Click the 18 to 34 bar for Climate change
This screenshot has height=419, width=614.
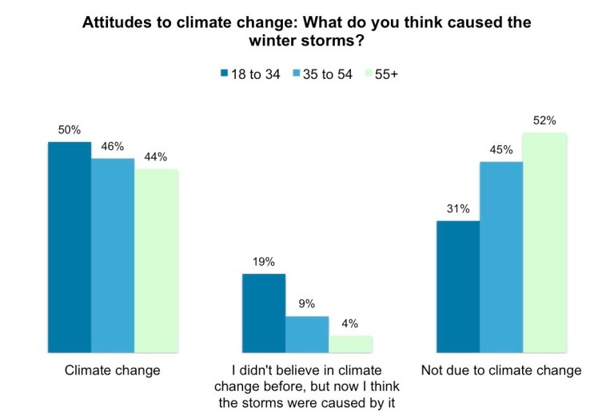(x=69, y=247)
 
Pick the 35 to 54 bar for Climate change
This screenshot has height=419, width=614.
(x=112, y=255)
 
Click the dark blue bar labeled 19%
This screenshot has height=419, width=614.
(x=264, y=313)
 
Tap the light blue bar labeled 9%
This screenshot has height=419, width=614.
(x=307, y=334)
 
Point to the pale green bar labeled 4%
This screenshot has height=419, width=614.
(x=350, y=343)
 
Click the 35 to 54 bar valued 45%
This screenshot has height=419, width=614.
(x=501, y=256)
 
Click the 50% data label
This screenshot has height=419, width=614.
(x=69, y=129)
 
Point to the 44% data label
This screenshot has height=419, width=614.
(x=156, y=157)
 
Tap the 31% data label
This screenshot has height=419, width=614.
(x=458, y=209)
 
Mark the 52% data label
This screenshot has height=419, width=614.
(x=544, y=121)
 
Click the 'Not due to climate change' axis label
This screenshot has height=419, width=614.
(x=501, y=370)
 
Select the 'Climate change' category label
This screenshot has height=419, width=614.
(x=112, y=370)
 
